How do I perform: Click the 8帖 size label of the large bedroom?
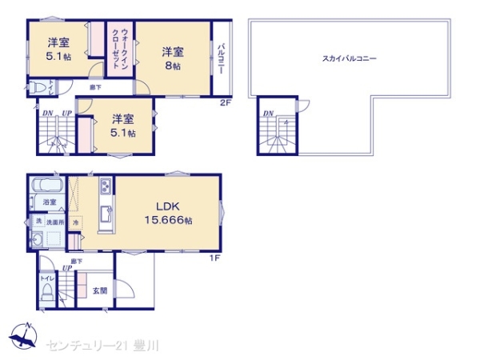point(175,66)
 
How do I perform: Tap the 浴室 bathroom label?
point(50,203)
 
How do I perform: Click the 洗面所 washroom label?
point(54,221)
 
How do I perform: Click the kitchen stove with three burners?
point(106,189)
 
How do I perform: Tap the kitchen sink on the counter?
point(105,214)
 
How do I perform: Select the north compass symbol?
point(24,336)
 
